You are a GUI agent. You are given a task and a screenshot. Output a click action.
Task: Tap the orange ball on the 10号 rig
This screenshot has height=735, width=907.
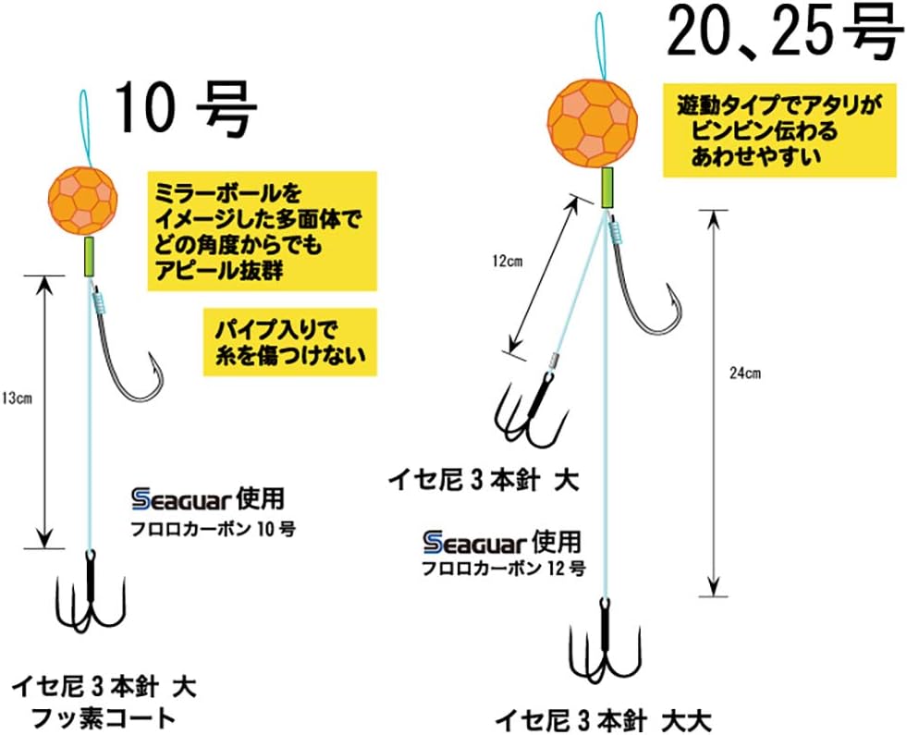tap(84, 199)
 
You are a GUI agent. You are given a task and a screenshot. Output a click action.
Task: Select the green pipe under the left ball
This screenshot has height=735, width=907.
tap(90, 255)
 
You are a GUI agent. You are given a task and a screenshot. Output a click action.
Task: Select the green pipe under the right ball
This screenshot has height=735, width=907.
tap(608, 187)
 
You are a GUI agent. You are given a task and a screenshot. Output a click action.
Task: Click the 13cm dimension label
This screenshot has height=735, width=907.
tap(18, 398)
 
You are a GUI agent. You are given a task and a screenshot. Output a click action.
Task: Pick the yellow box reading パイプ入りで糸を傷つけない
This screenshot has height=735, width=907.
tap(289, 341)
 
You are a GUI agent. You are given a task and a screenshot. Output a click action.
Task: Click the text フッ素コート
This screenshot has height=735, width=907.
tap(104, 717)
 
